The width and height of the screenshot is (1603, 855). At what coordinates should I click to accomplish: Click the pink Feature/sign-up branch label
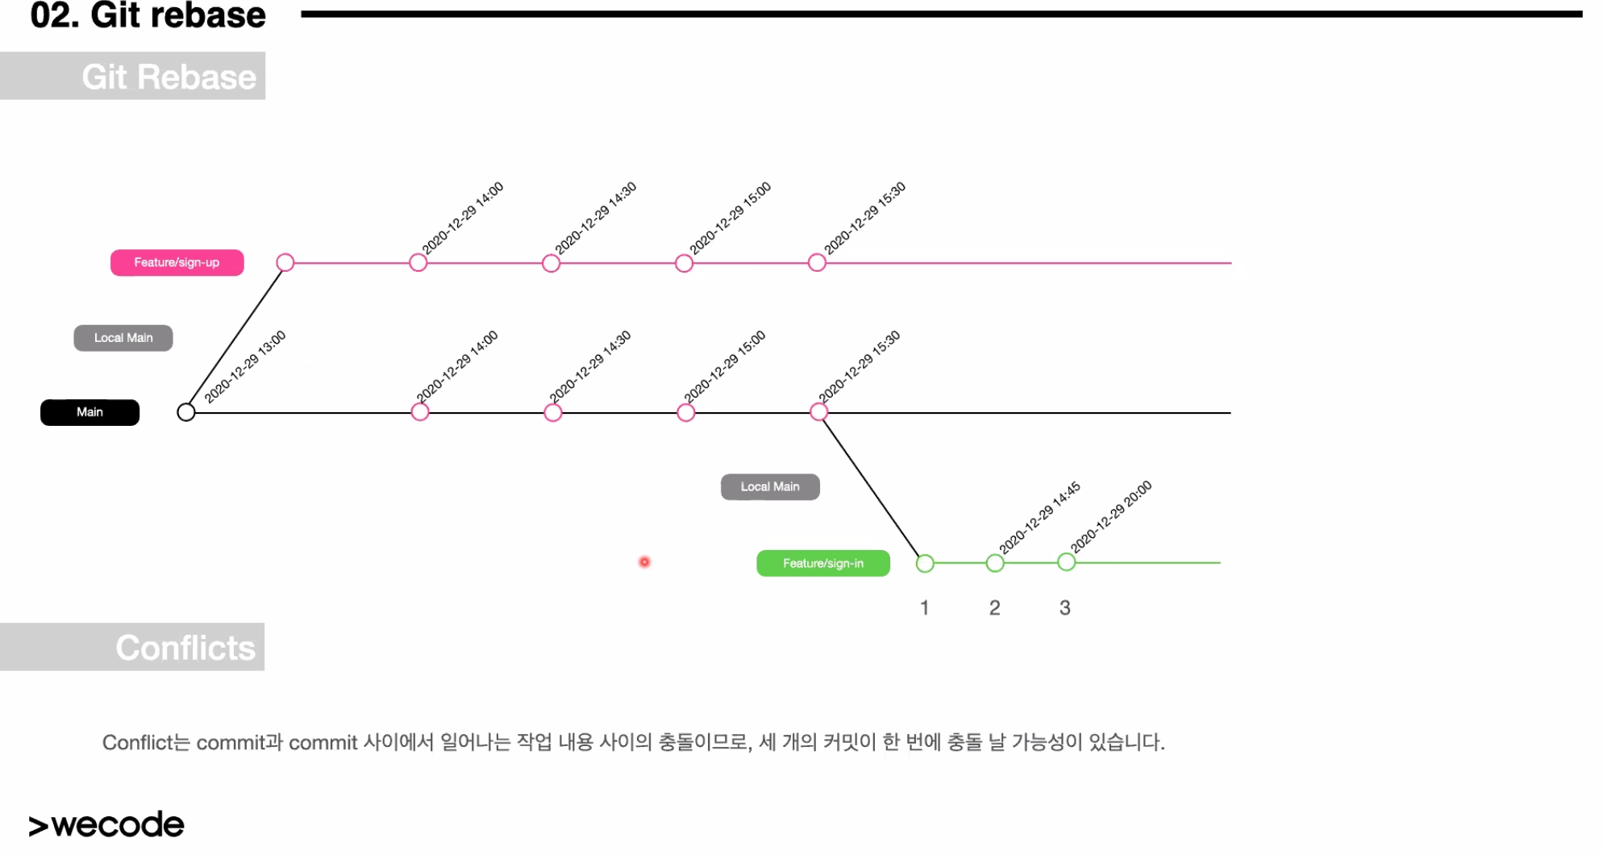(177, 263)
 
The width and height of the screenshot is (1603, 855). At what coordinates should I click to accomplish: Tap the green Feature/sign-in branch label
(822, 563)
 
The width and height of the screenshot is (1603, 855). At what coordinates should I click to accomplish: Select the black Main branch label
(90, 412)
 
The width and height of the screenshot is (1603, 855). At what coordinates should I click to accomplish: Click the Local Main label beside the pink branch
(123, 338)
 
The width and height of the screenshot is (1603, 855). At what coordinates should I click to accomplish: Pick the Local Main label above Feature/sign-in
(770, 487)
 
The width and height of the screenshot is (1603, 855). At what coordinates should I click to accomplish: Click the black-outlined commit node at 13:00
(186, 412)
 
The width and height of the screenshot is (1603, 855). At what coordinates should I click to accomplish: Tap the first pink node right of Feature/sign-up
(285, 263)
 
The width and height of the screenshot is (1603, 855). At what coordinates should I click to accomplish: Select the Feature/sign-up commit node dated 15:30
(817, 263)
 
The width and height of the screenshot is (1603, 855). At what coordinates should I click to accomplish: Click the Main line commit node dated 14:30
(553, 413)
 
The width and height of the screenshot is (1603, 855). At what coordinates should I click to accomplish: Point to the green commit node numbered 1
(925, 563)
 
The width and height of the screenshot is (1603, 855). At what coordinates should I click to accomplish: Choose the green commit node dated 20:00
(1066, 562)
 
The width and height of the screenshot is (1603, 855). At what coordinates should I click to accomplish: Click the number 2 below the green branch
(995, 607)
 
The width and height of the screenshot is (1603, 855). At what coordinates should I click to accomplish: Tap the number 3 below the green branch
(1065, 607)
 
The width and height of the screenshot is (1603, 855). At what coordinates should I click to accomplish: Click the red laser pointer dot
(644, 562)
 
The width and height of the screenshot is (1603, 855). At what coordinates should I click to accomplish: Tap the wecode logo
(106, 824)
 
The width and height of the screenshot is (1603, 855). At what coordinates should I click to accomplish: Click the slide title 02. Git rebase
(148, 15)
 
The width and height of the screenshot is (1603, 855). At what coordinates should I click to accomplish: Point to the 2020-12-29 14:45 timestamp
(1039, 518)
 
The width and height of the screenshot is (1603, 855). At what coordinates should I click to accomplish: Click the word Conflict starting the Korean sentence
(138, 742)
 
